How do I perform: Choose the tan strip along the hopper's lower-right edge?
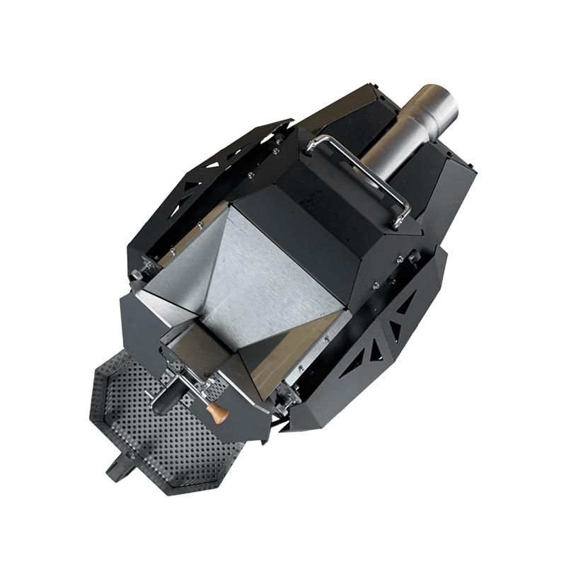(x=297, y=354)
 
